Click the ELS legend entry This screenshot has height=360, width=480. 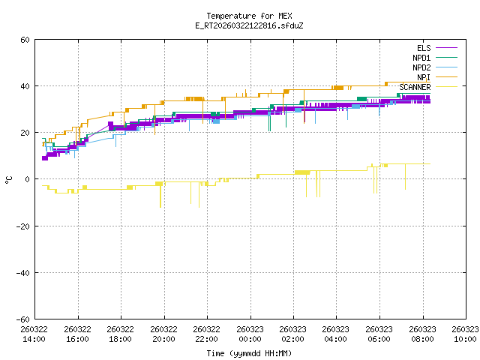[x=423, y=49]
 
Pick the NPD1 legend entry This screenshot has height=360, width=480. [x=421, y=58]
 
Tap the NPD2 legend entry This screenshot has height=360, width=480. [x=421, y=67]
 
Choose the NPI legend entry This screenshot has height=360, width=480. [x=423, y=77]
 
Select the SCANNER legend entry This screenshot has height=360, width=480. [x=415, y=87]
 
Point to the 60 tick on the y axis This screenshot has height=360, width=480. [x=25, y=40]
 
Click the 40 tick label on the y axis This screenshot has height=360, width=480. [x=25, y=86]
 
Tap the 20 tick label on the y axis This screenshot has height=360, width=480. [x=25, y=133]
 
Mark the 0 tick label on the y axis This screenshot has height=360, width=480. [x=28, y=179]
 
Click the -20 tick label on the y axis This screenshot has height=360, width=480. [x=23, y=226]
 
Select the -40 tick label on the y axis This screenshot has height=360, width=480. [x=23, y=272]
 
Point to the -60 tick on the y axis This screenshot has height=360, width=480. [x=23, y=319]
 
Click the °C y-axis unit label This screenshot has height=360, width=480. [x=8, y=179]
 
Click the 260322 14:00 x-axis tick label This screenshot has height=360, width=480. [x=34, y=334]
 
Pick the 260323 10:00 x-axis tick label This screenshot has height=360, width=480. [x=465, y=334]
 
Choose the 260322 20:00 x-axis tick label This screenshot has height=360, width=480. [x=163, y=334]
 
